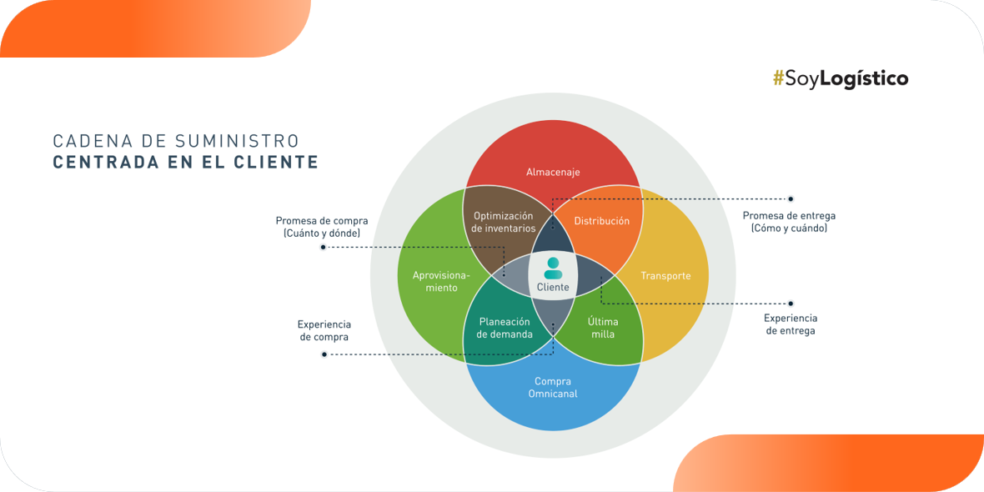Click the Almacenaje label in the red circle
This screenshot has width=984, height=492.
coord(553,173)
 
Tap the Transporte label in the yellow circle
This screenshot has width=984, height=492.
coord(665,276)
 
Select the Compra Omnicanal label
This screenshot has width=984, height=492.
coord(553,388)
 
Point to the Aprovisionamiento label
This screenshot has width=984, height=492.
coord(441,281)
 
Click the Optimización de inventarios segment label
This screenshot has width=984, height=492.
coord(504,223)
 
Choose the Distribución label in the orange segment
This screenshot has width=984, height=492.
coord(602,221)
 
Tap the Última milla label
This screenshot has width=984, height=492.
coord(602,328)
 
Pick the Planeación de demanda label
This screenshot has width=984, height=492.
coord(505,328)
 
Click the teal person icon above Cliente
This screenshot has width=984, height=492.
coord(553,268)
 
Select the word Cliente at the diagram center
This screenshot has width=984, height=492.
coord(553,288)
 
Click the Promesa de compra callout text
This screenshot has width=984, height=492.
coord(322,227)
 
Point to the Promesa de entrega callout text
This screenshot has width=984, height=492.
coord(789,222)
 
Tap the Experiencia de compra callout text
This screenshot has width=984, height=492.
coord(324,330)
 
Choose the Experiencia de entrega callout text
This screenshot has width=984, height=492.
coord(790,324)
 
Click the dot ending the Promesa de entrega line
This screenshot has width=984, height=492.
coord(791,199)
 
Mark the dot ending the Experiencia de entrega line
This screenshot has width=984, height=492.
coord(791,304)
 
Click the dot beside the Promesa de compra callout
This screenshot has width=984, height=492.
coord(324,247)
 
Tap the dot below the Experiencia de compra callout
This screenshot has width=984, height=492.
coord(324,354)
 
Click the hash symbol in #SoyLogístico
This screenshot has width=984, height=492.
coord(779,78)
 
